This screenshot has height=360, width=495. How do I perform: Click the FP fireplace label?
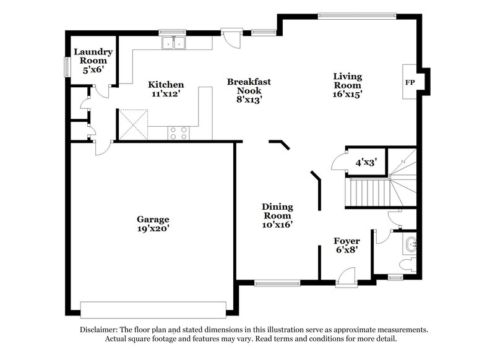[410, 82]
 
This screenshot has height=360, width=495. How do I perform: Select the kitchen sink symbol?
[174, 43]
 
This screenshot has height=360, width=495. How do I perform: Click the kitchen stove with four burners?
[179, 132]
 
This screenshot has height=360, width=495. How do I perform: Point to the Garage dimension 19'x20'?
[153, 228]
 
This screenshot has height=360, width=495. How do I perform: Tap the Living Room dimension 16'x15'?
[348, 94]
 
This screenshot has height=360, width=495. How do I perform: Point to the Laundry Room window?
[67, 66]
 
